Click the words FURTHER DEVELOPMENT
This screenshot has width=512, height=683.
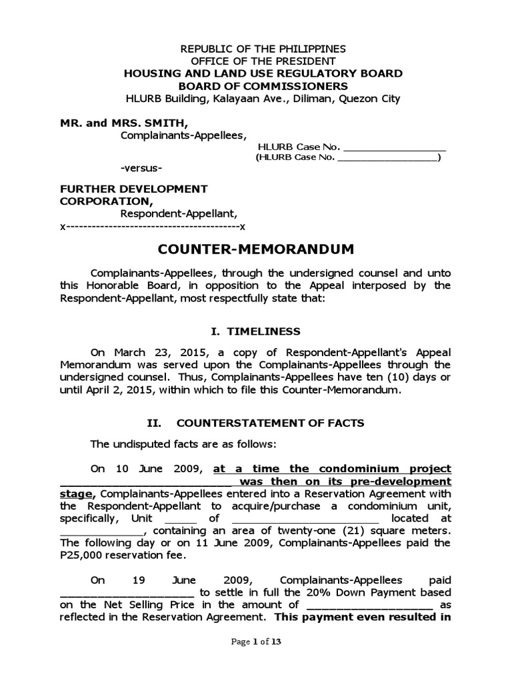(x=133, y=189)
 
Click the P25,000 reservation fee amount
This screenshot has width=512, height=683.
(x=125, y=556)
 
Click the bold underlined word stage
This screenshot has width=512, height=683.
(x=77, y=494)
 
